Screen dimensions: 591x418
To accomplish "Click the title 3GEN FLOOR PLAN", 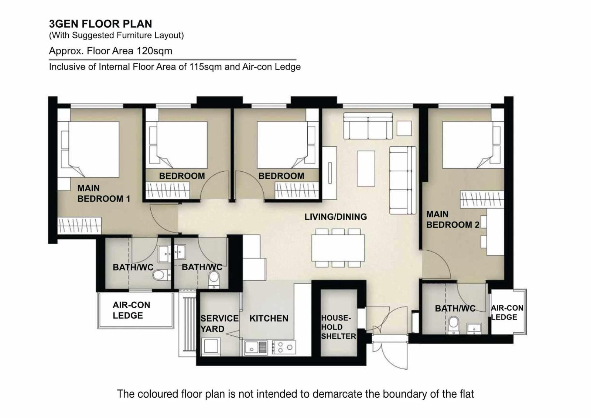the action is (100, 24).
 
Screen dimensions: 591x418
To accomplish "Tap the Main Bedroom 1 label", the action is (104, 193).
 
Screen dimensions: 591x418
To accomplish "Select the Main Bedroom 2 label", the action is (453, 219).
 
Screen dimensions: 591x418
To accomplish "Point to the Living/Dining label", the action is (336, 217).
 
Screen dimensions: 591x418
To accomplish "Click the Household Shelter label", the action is (338, 327).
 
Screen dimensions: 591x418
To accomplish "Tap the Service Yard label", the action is (219, 323).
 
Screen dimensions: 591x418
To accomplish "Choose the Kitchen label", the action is (269, 318).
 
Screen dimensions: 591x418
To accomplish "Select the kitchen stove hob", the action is (284, 347).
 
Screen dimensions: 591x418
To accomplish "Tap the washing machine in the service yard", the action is (211, 346).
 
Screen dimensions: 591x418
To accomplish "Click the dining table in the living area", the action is (338, 248).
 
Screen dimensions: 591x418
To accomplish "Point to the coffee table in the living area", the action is (366, 168).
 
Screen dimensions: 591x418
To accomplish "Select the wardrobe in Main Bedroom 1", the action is (79, 226).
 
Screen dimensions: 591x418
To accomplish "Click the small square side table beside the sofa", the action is (404, 128).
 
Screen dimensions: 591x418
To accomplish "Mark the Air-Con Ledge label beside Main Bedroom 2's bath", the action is (507, 312).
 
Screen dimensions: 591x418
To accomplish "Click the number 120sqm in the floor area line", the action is (154, 51).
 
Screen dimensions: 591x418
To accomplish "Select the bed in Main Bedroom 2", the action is (473, 145).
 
